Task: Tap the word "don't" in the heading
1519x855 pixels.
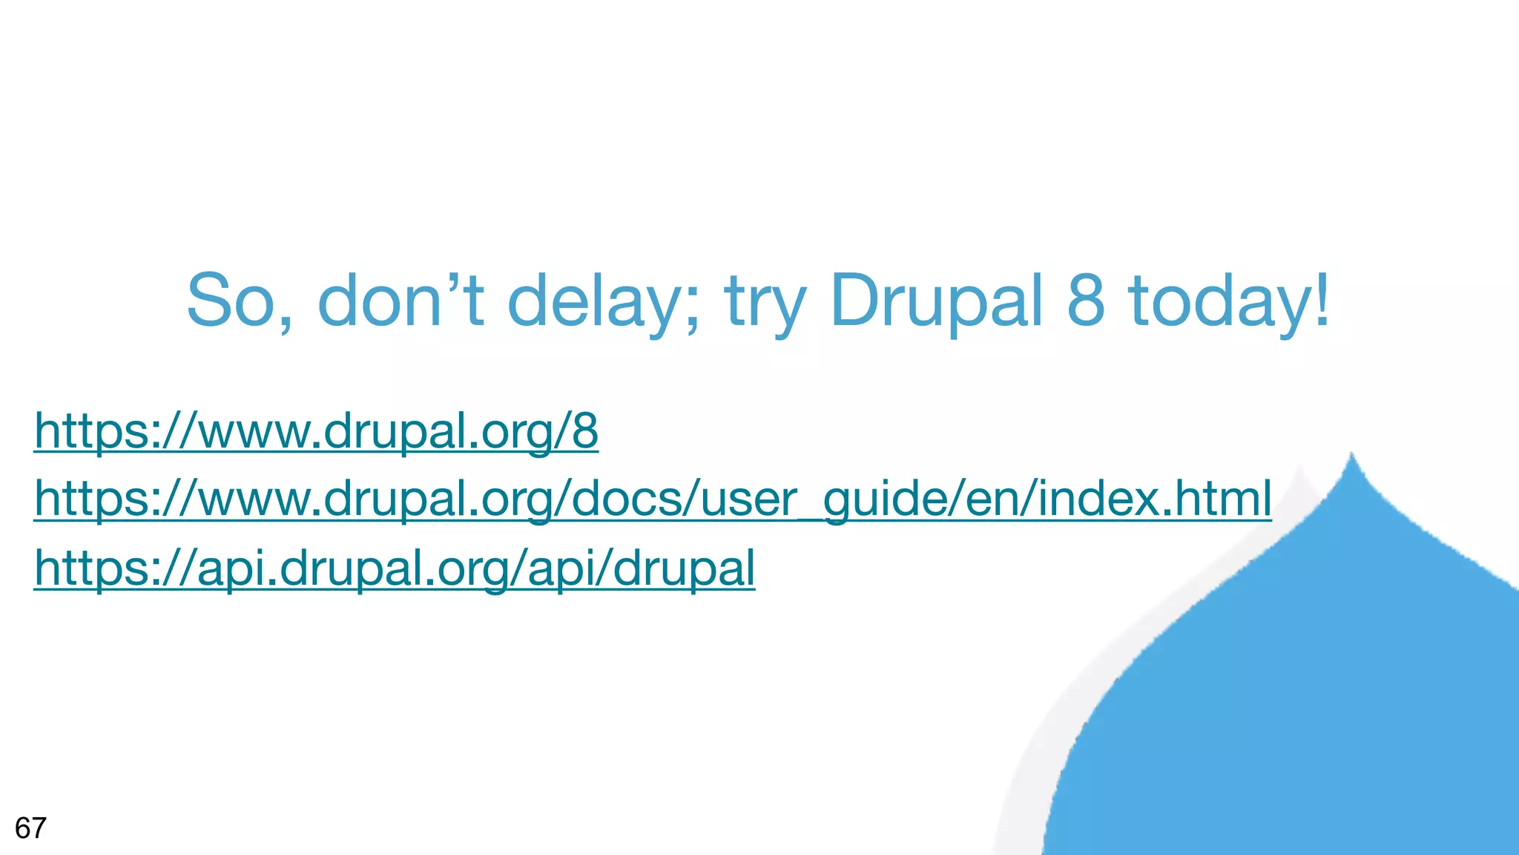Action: pyautogui.click(x=401, y=300)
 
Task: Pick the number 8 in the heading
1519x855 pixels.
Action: pyautogui.click(x=1086, y=300)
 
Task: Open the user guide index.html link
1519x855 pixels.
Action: pyautogui.click(x=653, y=498)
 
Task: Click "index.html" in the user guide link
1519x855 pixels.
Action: pyautogui.click(x=1154, y=498)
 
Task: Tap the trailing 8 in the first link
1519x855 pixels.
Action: pyautogui.click(x=585, y=430)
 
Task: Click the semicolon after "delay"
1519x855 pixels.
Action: pyautogui.click(x=693, y=308)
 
